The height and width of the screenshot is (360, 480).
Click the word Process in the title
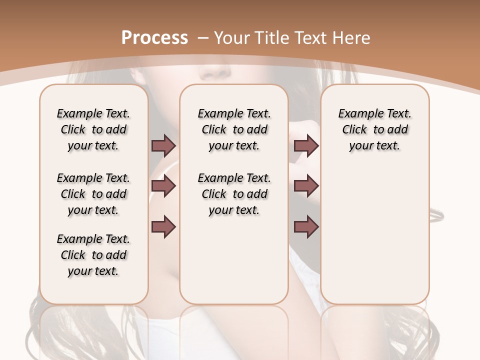[154, 37]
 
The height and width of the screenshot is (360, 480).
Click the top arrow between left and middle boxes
[163, 145]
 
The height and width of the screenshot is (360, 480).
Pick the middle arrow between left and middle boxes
[163, 186]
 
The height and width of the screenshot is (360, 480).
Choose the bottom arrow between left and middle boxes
[163, 226]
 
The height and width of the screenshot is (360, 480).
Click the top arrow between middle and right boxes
[306, 145]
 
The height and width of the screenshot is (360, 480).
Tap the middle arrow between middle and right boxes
[306, 186]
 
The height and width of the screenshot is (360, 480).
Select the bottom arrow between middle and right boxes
[306, 226]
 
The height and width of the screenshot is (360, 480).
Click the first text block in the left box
[93, 129]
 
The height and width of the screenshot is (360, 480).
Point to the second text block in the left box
[93, 194]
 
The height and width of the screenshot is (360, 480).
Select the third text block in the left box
[93, 255]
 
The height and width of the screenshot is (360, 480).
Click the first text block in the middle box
[234, 129]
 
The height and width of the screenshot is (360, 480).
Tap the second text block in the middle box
[234, 194]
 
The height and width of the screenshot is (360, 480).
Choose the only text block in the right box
[375, 129]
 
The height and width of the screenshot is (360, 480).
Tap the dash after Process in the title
[203, 37]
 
